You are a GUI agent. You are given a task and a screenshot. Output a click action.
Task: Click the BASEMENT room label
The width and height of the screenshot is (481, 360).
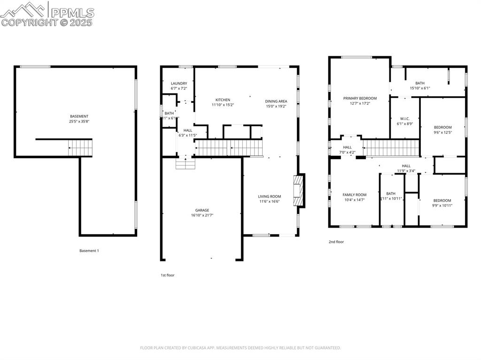coord(79,116)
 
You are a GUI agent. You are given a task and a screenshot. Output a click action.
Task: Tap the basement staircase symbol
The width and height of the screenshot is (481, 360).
coord(80,148)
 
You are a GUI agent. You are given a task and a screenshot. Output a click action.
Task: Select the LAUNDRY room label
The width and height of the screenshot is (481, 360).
coord(178,84)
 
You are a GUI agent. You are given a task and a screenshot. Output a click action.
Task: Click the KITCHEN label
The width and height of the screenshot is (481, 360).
coord(223,100)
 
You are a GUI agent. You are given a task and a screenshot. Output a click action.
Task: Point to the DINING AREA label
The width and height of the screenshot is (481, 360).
coord(276,101)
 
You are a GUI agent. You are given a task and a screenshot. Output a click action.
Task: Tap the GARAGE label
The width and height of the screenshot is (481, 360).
coord(202,210)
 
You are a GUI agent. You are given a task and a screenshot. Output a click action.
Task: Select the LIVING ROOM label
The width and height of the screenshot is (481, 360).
coord(269,197)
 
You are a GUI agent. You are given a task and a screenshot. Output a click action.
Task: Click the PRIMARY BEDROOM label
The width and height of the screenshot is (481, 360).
coord(360,99)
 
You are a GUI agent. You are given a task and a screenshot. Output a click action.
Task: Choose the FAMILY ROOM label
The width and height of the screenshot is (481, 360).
coord(354,195)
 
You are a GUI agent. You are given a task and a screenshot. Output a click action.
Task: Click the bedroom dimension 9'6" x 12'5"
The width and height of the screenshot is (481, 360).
coord(442,132)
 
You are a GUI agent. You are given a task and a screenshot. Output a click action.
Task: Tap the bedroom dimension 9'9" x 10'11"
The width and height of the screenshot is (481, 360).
coord(442,205)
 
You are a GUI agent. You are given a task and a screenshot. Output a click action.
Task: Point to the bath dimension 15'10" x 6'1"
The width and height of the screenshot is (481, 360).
coord(419,88)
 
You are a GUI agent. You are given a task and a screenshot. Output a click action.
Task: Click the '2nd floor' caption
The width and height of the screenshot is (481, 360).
coord(336,242)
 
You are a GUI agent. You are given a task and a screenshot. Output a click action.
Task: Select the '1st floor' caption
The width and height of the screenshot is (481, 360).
coord(167,275)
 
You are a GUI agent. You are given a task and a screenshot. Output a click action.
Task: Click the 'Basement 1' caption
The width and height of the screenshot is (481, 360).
coord(89,251)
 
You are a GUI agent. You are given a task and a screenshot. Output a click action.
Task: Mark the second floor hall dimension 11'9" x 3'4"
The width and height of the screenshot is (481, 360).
coord(406,171)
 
